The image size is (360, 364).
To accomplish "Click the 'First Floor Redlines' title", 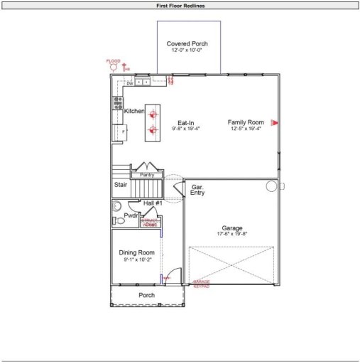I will click(x=180, y=5).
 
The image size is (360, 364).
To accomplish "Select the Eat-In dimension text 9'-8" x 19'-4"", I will click(x=186, y=129).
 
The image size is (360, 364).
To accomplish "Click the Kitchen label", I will click(x=134, y=112).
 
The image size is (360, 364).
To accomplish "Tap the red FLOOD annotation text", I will click(x=113, y=61).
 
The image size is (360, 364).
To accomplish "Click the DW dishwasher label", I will click(x=130, y=83).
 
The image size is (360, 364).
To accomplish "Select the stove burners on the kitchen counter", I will click(x=116, y=104).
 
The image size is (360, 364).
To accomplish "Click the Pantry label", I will click(x=147, y=174).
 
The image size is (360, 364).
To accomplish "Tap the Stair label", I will click(x=121, y=185).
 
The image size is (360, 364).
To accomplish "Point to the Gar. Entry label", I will click(x=197, y=190).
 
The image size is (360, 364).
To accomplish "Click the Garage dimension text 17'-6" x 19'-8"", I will click(x=231, y=234).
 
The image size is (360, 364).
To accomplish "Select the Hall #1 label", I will click(x=153, y=203).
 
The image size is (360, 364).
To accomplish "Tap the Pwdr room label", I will click(x=131, y=215).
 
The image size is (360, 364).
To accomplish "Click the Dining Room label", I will click(x=136, y=253).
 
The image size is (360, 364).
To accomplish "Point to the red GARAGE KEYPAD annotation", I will click(x=202, y=284).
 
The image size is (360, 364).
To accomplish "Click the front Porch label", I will click(x=146, y=296).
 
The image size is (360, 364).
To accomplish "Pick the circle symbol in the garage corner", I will click(x=271, y=186).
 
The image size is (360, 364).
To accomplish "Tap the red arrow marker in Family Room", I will click(x=274, y=122).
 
